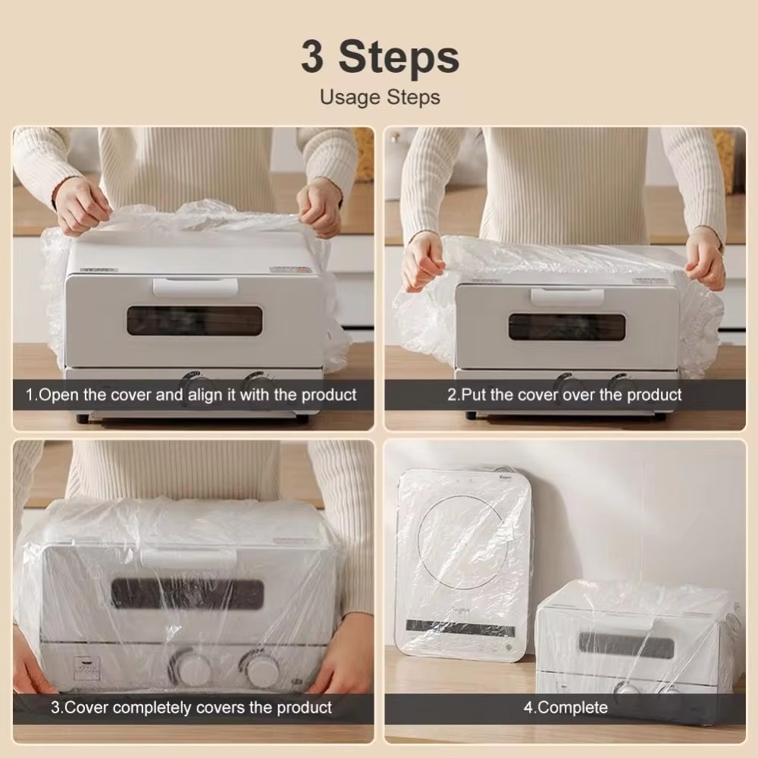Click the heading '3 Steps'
coord(380,57)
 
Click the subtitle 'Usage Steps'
coord(380,97)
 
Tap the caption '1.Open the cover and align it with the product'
coord(191,395)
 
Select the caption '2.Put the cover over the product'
coord(564,395)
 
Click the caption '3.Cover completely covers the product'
coord(191,708)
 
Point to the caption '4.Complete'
coord(565,708)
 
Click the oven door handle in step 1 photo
coord(195,287)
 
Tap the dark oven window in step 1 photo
coord(194,321)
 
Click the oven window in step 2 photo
coord(567,327)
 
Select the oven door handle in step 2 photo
coord(567,296)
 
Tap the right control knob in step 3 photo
coord(262,670)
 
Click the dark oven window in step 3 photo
coord(187,594)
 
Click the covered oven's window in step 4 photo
coord(626,646)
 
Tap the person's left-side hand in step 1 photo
coord(82,205)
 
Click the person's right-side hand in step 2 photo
coord(706,258)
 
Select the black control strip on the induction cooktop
coord(460,628)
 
